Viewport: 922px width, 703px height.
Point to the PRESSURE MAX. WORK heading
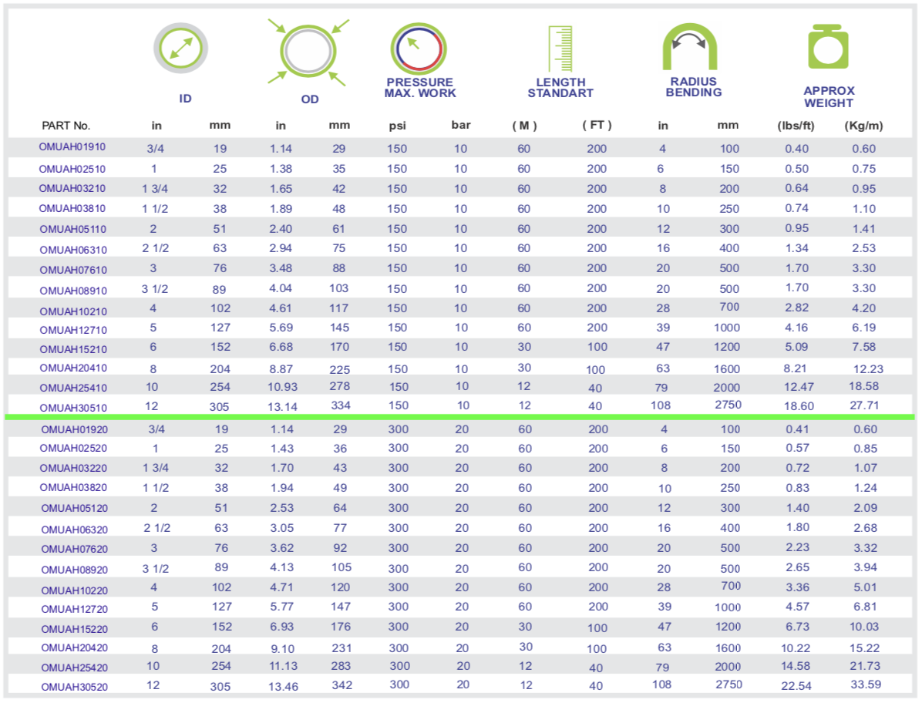click(420, 88)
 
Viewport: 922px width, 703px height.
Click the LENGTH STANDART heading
click(560, 88)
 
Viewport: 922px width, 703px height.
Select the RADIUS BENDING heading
click(694, 87)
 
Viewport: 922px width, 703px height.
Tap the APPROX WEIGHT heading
click(829, 97)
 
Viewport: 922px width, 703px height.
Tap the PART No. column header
click(66, 125)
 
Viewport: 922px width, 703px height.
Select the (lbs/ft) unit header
click(796, 125)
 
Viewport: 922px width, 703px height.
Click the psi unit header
click(397, 125)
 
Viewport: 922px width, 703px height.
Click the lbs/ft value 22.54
click(796, 684)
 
